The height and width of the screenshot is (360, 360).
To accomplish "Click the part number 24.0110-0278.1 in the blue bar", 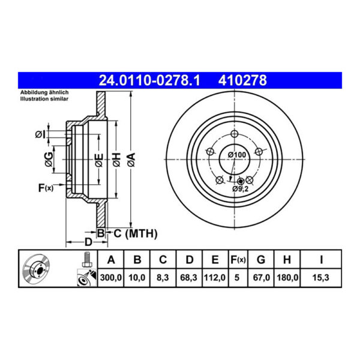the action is coord(149,80).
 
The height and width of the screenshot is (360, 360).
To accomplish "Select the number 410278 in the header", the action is coord(242,80).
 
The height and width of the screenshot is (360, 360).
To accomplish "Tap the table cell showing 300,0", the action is coord(110,278).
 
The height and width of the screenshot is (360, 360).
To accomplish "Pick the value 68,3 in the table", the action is coord(189,278).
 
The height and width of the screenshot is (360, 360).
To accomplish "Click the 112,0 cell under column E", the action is coord(215,278).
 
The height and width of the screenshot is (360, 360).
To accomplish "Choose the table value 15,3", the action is coord(321,278).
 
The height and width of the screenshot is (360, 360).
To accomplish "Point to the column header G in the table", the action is coord(261,260).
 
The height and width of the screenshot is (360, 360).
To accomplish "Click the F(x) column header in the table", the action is coord(238,260).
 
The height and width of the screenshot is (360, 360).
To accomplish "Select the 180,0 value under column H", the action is coord(287,278).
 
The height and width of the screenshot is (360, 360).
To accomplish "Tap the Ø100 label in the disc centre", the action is coord(237,155).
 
